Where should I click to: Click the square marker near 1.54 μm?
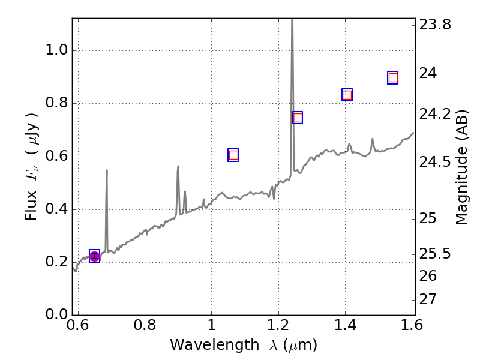(x=393, y=77)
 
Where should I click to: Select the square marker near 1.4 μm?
(x=347, y=95)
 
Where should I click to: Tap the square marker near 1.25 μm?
(x=297, y=118)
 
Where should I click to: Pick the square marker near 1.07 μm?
(x=233, y=155)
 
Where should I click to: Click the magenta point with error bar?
(x=94, y=257)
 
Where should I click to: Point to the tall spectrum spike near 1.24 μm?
(x=292, y=36)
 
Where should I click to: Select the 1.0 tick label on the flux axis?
(x=57, y=51)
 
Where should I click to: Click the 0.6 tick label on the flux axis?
(x=57, y=157)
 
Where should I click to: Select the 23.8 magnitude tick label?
(x=436, y=25)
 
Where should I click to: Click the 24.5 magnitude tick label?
(x=436, y=162)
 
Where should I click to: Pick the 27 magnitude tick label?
(x=430, y=299)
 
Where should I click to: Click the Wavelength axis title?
(x=243, y=345)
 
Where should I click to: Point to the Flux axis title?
(x=32, y=166)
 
